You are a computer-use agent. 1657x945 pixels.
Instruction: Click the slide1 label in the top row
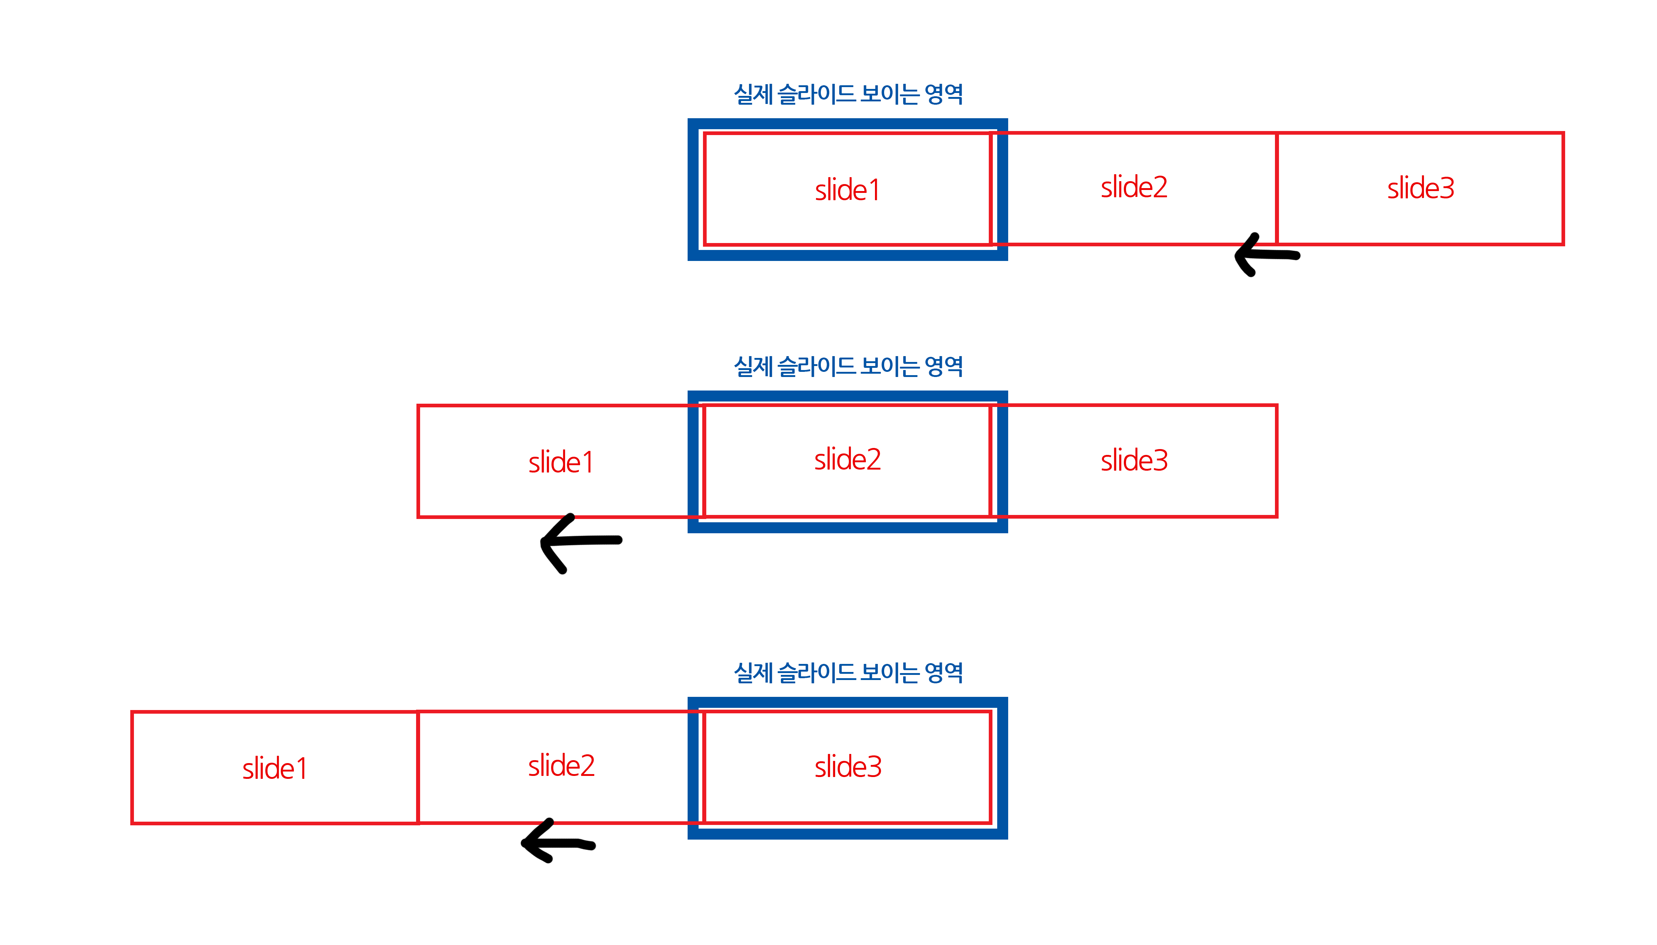(847, 190)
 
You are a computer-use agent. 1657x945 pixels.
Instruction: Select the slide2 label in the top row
(1133, 187)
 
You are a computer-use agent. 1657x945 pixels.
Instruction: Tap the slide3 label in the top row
(1420, 188)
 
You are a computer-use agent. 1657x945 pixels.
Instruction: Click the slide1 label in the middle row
(561, 463)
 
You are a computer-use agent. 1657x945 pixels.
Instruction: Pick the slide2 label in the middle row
(847, 460)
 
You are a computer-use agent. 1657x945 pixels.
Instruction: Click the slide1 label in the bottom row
(274, 769)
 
